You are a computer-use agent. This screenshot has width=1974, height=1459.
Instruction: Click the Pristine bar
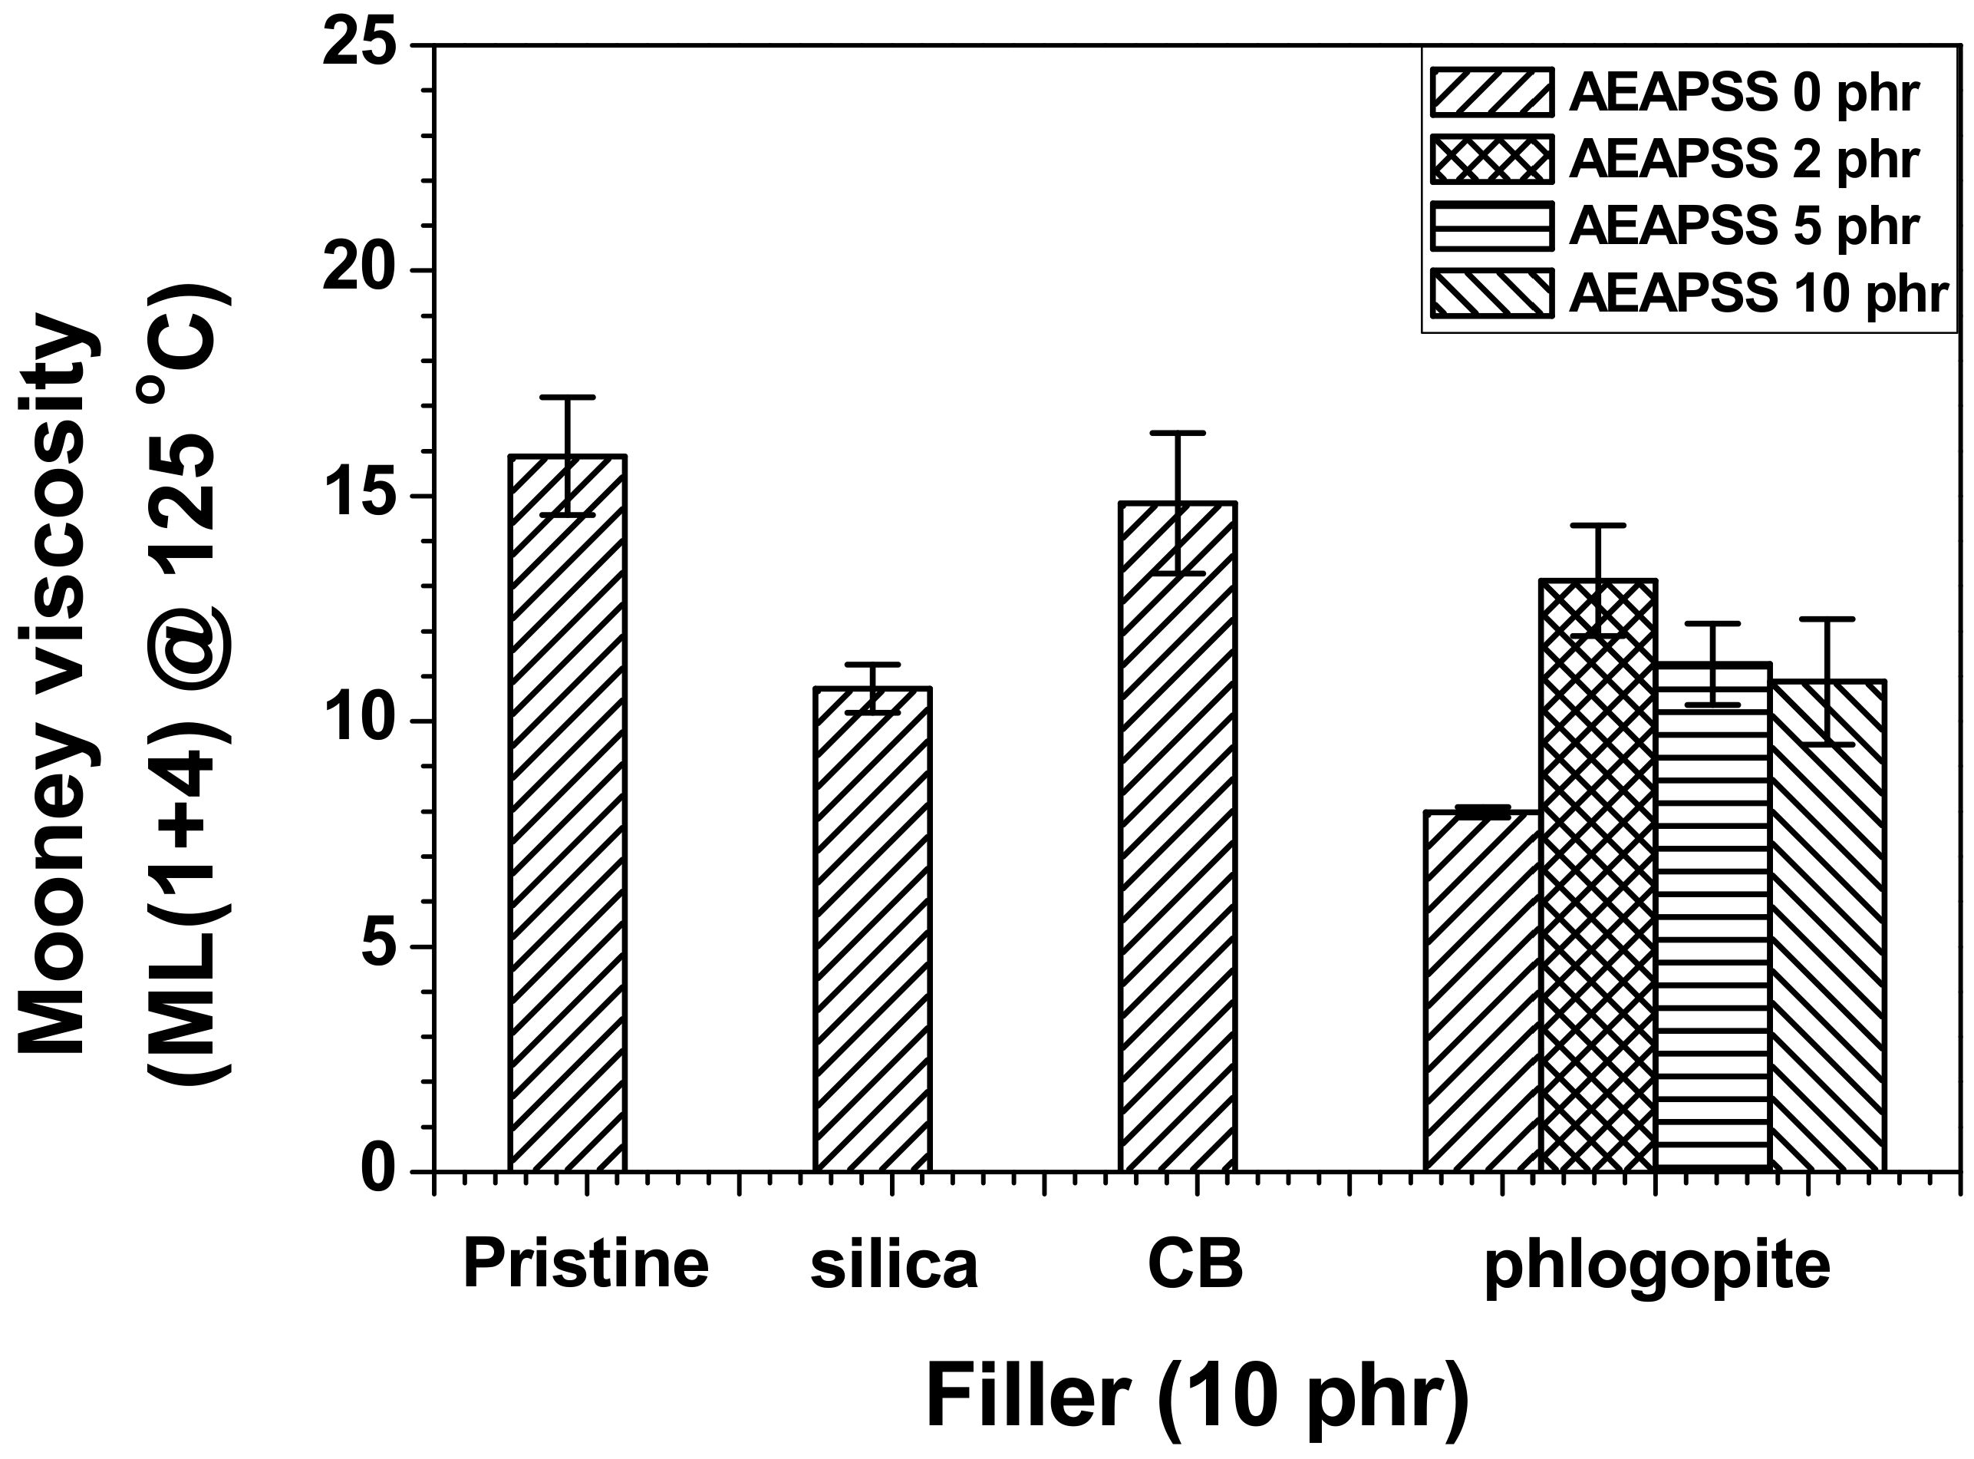[x=567, y=813]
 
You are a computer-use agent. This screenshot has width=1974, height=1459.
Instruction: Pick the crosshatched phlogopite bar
[x=1598, y=875]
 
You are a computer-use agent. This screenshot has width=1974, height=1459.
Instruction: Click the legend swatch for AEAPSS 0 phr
[x=1490, y=92]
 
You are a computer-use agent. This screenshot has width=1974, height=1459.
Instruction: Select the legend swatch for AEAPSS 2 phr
[x=1490, y=159]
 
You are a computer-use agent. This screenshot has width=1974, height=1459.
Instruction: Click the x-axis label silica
[x=895, y=1266]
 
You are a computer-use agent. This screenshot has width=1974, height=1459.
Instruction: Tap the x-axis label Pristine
[x=585, y=1265]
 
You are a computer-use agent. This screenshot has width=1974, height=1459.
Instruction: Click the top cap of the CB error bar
[x=1178, y=433]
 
